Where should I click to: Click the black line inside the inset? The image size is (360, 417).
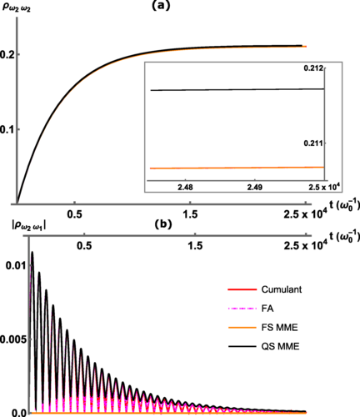[x=233, y=89]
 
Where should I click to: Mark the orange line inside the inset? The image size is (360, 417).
[x=233, y=168]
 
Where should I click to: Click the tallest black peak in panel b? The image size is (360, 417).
[x=32, y=253]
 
